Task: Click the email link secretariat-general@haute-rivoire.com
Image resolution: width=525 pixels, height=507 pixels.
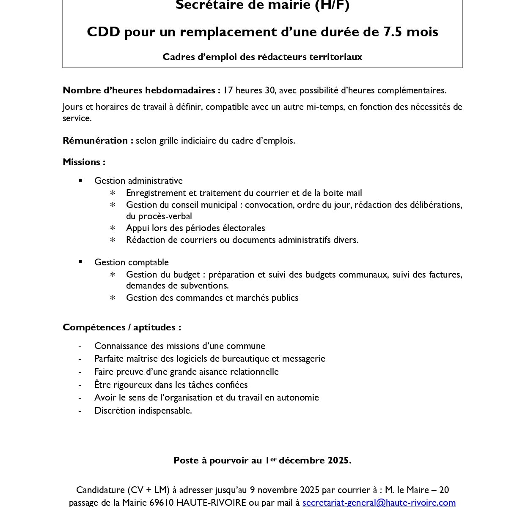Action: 379,502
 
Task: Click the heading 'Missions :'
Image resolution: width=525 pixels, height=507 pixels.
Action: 84,162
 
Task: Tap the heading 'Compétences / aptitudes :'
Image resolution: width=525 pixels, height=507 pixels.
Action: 122,327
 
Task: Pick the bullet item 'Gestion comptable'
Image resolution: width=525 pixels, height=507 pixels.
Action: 132,262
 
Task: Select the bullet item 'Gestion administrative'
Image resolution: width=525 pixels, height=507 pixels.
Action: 138,180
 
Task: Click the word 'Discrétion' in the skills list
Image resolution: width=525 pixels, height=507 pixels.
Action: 114,410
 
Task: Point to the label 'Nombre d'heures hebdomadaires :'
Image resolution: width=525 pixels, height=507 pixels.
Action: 141,90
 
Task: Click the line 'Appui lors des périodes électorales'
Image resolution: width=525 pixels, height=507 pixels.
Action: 195,228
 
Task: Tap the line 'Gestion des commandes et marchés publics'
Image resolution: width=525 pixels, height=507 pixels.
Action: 212,297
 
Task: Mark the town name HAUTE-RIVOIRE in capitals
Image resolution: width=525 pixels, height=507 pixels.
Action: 211,502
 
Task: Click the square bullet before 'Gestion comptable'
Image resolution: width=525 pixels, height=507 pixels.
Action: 80,262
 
